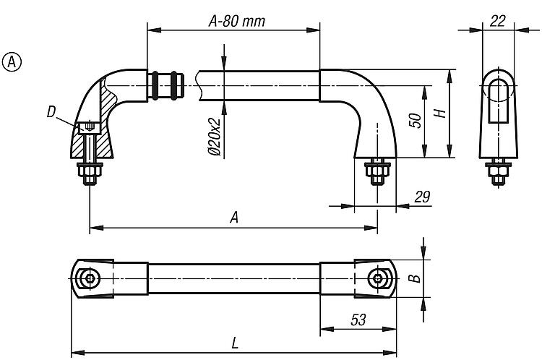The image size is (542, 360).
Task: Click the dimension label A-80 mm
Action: tap(236, 22)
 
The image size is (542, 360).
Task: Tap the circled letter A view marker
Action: tap(12, 61)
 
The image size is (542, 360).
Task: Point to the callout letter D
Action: tap(51, 112)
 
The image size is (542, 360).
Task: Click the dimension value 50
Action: tap(416, 120)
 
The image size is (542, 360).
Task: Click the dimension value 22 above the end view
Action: tap(497, 21)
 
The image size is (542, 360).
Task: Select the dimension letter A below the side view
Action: tap(233, 218)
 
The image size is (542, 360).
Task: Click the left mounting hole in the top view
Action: tap(89, 278)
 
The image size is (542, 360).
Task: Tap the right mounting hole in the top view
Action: tap(377, 278)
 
